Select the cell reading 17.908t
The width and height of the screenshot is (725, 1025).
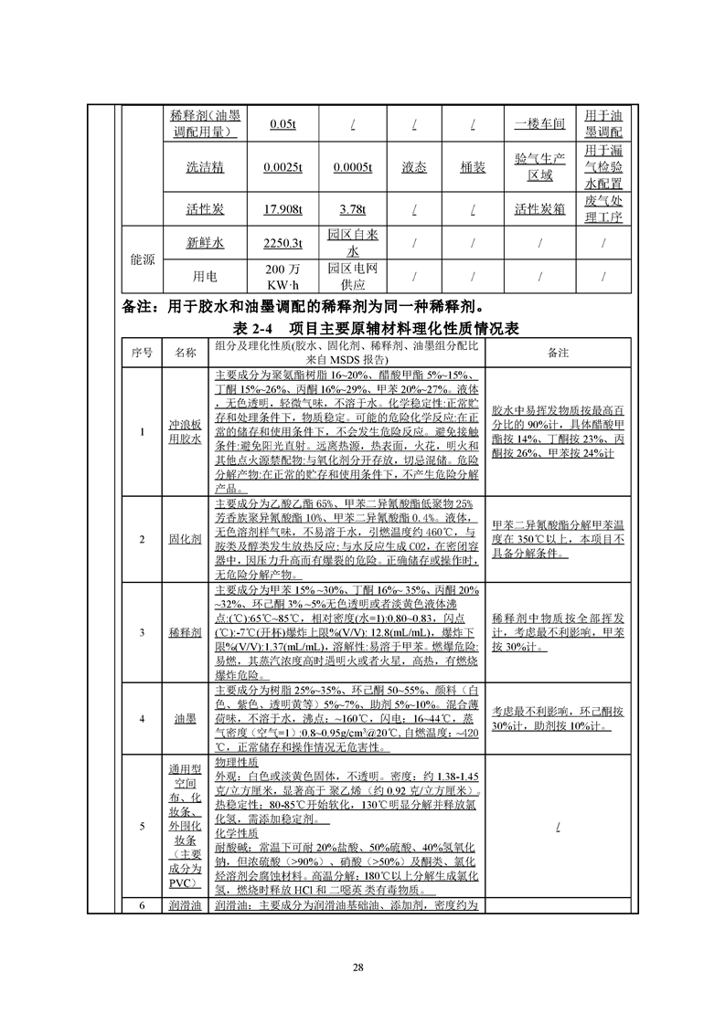(283, 209)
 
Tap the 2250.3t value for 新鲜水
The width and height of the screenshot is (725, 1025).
(283, 243)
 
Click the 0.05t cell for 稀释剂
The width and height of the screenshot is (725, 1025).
(283, 124)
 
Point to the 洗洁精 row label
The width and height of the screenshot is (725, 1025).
(205, 167)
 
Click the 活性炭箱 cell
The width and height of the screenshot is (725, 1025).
(539, 209)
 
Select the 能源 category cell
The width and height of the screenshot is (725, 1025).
(142, 259)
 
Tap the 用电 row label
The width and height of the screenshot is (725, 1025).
(205, 277)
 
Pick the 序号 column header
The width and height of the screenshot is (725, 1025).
(142, 353)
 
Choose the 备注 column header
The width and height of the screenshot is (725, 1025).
(559, 353)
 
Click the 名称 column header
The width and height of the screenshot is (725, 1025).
(186, 353)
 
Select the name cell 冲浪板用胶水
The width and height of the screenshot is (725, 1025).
(186, 431)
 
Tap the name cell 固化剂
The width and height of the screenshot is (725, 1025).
(186, 539)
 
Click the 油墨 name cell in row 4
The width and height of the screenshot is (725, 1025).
(186, 719)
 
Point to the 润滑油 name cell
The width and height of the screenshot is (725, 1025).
(186, 905)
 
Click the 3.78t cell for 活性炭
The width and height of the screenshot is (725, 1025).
(353, 209)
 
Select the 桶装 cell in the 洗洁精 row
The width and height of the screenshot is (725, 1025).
(473, 167)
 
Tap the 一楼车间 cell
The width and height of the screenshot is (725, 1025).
(539, 124)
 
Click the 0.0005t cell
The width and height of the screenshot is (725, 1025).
(353, 167)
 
